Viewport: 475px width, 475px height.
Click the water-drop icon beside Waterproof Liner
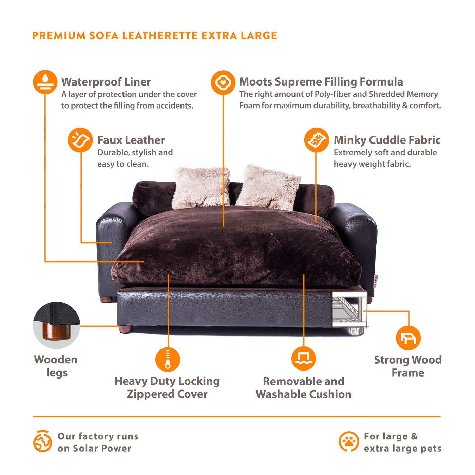pyautogui.click(x=45, y=82)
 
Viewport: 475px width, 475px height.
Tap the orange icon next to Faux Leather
pyautogui.click(x=80, y=140)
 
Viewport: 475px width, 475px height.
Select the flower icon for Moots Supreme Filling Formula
pyautogui.click(x=223, y=82)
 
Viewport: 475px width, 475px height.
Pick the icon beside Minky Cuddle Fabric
pyautogui.click(x=316, y=140)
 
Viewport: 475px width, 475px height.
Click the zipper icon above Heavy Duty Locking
pyautogui.click(x=168, y=359)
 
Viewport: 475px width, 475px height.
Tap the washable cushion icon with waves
pyautogui.click(x=303, y=358)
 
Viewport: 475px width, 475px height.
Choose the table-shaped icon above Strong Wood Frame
pyautogui.click(x=408, y=338)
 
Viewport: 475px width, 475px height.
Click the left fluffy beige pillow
pyautogui.click(x=201, y=188)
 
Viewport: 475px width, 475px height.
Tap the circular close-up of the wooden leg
pyautogui.click(x=56, y=325)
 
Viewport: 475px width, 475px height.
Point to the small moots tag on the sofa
pyautogui.click(x=375, y=281)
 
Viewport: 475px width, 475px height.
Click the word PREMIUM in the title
pyautogui.click(x=59, y=36)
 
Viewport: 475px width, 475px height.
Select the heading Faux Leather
pyautogui.click(x=131, y=140)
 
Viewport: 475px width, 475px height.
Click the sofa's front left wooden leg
pyautogui.click(x=126, y=329)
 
